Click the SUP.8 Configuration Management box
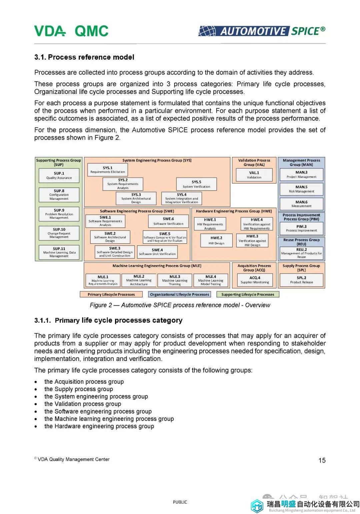tap(59, 195)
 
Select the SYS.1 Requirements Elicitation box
tap(107, 170)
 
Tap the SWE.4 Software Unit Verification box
tap(157, 252)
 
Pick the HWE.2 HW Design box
tap(216, 240)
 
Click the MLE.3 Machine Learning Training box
tap(175, 280)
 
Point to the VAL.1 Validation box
tap(254, 175)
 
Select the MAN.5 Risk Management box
tap(301, 189)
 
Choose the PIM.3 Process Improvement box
tap(301, 228)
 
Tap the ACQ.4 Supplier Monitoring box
tap(255, 280)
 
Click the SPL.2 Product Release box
tap(301, 280)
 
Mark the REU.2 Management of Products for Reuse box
tap(301, 253)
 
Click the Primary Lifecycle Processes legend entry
tap(111, 294)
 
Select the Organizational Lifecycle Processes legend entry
tap(179, 294)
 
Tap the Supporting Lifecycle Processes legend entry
tap(248, 294)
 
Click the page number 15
tap(322, 460)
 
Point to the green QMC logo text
tap(92, 31)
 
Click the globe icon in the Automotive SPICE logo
tap(207, 31)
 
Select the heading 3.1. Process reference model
tap(84, 57)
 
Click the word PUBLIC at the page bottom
tap(180, 502)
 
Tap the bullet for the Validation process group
tap(36, 404)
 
